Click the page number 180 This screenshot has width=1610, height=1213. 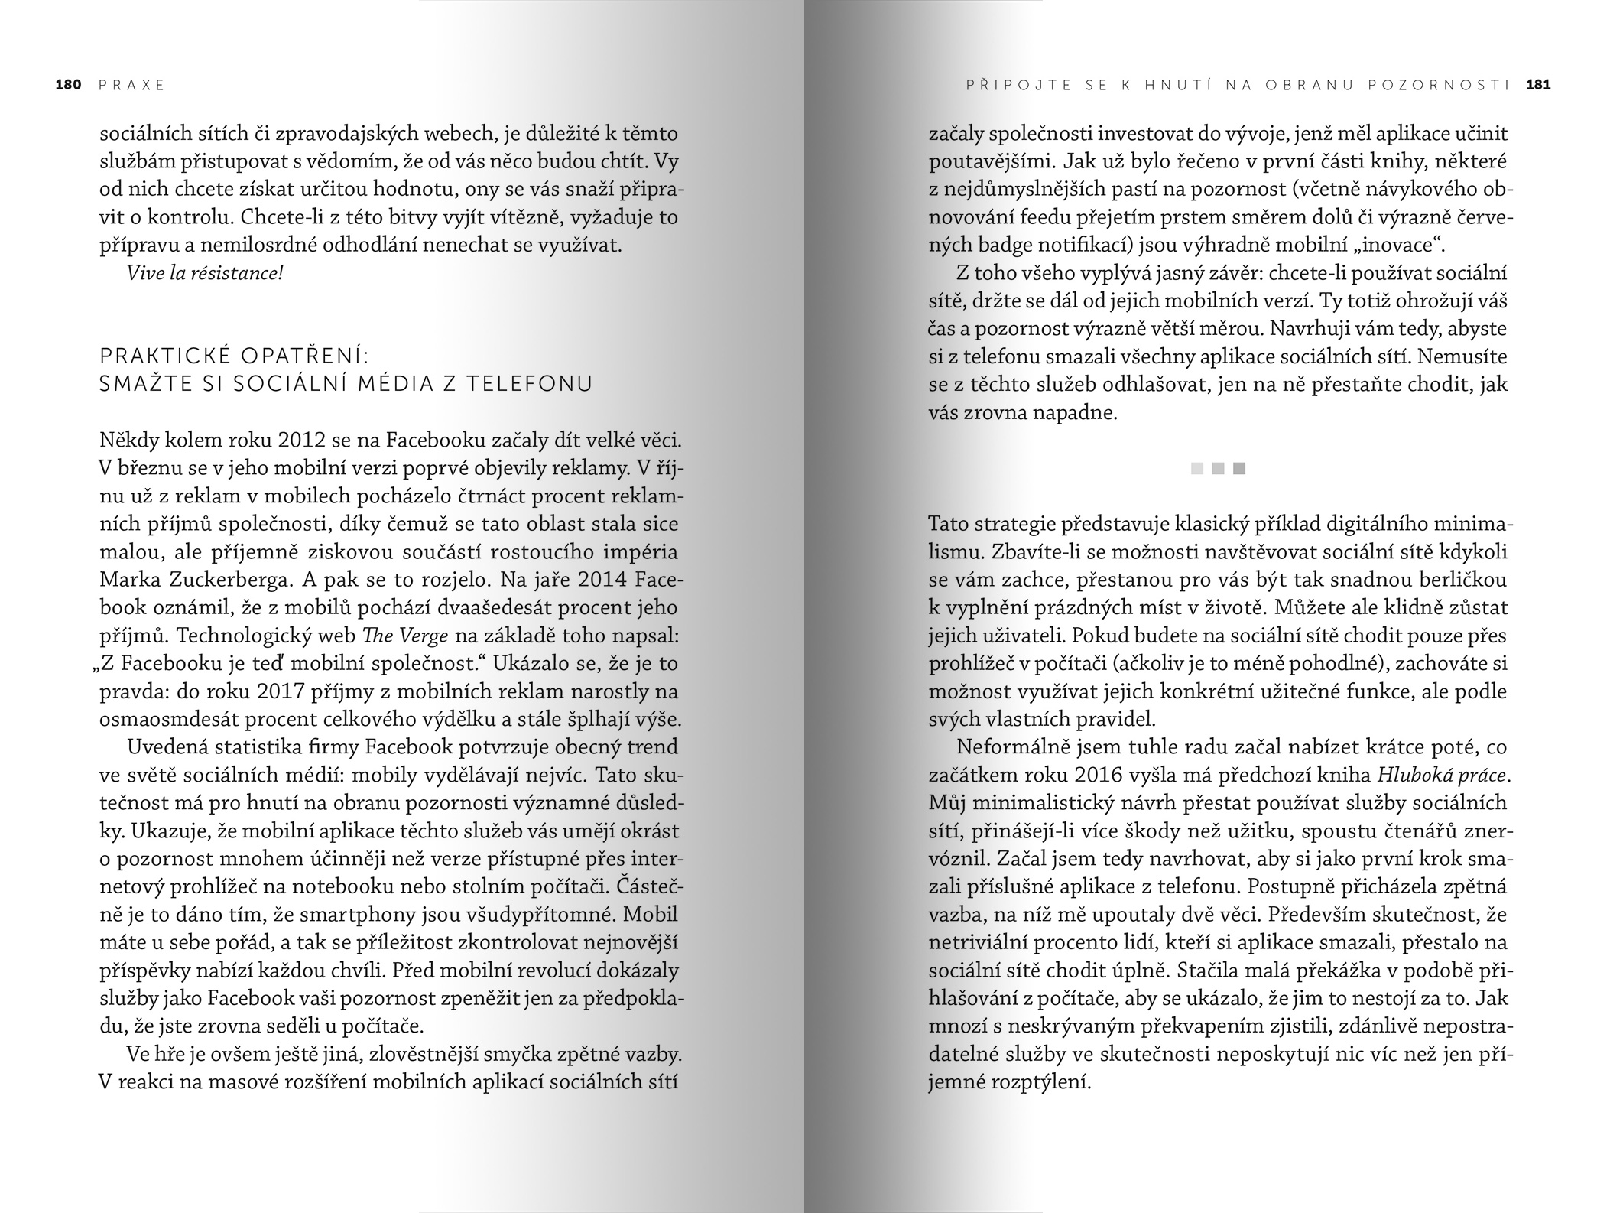click(x=68, y=85)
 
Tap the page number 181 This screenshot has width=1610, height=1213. click(x=1538, y=85)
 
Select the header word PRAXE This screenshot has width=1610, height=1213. click(x=131, y=85)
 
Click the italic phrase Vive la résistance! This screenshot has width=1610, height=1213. click(x=205, y=273)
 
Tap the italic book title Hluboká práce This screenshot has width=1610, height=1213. click(x=1444, y=775)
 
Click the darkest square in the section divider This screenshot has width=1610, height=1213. click(x=1239, y=468)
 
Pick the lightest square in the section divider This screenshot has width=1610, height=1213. click(x=1197, y=468)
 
